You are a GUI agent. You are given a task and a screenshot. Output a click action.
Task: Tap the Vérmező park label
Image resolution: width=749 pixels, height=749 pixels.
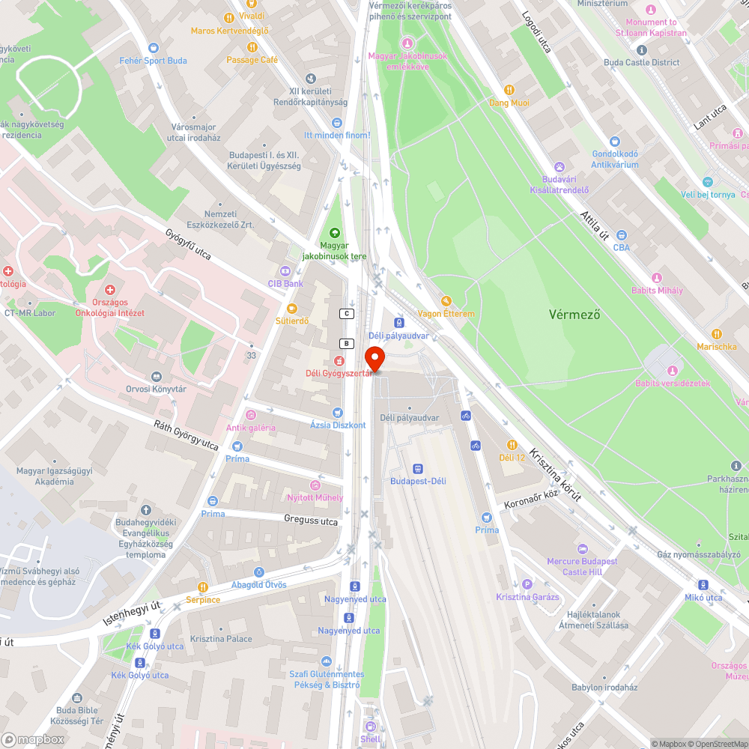pyautogui.click(x=574, y=315)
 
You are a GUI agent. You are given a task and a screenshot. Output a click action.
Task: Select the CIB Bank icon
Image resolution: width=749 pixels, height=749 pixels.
pyautogui.click(x=285, y=271)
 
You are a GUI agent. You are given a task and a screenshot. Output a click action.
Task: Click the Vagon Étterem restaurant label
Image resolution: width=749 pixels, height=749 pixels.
pyautogui.click(x=446, y=314)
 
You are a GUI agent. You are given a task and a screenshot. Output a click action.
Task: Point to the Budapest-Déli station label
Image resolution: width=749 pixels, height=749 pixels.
pyautogui.click(x=417, y=481)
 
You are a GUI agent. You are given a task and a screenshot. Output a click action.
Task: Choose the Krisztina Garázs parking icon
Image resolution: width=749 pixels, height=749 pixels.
pyautogui.click(x=527, y=584)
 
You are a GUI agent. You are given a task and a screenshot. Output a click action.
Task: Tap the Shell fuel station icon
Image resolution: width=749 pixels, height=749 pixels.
pyautogui.click(x=370, y=726)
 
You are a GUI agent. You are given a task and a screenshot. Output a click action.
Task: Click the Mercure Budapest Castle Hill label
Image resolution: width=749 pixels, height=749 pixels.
pyautogui.click(x=582, y=566)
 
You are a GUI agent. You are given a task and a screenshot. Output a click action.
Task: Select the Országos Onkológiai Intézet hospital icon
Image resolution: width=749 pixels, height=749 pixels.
pyautogui.click(x=110, y=290)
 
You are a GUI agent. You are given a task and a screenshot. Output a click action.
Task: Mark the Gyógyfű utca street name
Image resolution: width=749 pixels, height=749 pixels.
pyautogui.click(x=188, y=245)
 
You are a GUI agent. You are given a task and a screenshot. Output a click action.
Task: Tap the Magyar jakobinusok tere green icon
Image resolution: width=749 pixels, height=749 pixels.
pyautogui.click(x=334, y=233)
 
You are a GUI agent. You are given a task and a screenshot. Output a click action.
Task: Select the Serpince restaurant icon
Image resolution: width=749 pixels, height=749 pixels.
pyautogui.click(x=202, y=587)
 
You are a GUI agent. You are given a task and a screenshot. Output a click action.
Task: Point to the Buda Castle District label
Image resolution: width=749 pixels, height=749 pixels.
pyautogui.click(x=642, y=63)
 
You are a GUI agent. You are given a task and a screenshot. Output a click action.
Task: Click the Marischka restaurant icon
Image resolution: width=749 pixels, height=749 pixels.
pyautogui.click(x=716, y=334)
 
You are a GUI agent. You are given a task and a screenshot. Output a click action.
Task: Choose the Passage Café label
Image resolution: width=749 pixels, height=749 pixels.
pyautogui.click(x=252, y=60)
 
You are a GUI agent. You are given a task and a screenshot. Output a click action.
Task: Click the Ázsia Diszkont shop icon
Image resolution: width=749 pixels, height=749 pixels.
pyautogui.click(x=338, y=413)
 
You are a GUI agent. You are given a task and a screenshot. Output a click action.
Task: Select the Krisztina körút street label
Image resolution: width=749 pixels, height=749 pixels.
pyautogui.click(x=555, y=474)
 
